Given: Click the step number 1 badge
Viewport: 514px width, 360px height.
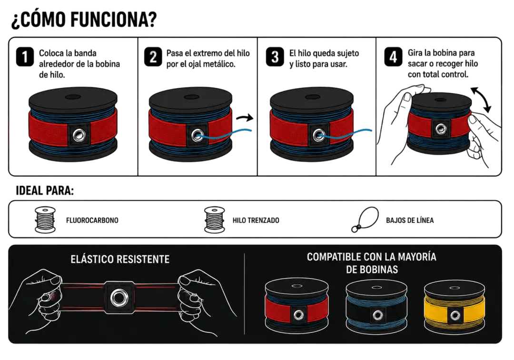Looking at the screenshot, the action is [25, 57].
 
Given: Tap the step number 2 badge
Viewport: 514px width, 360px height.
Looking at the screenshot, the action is [153, 57].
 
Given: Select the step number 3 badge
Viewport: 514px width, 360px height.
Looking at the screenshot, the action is [275, 57].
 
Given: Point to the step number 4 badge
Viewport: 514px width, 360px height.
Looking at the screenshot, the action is [393, 57].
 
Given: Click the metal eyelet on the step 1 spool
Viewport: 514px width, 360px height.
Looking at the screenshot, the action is [79, 135].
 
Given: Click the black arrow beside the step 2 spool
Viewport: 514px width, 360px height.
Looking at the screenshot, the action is [245, 117].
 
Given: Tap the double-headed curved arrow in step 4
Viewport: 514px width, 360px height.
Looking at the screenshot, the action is [481, 100].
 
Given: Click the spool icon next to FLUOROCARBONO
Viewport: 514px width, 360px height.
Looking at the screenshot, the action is [45, 220].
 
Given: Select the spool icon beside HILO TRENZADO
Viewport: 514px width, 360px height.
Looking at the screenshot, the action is [214, 220].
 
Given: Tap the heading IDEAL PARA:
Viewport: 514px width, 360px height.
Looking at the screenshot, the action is [45, 190].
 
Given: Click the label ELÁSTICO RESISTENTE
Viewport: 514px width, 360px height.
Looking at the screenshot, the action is [120, 260].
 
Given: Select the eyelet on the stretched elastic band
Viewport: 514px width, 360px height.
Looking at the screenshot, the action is [119, 298].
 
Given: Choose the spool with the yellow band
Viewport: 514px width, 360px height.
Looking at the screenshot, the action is [455, 307].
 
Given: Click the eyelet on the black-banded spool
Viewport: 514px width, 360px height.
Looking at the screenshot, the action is [377, 315].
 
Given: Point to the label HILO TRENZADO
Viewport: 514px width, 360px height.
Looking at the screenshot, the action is [256, 220].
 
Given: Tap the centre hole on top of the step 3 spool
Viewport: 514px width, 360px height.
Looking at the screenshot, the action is [312, 97].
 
